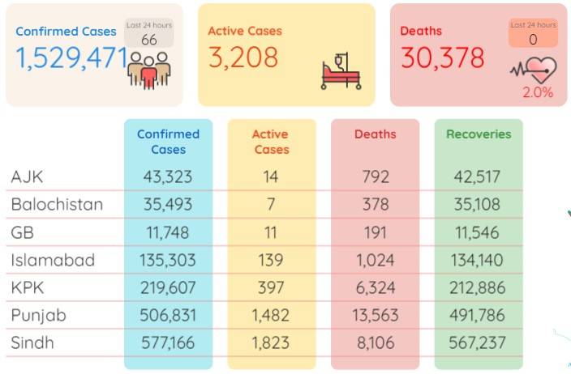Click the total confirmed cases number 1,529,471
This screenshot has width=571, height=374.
point(71,58)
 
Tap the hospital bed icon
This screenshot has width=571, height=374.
point(341,71)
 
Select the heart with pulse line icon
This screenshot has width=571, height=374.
point(534,70)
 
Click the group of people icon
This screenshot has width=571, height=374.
point(149,70)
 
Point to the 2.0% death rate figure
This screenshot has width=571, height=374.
point(538,92)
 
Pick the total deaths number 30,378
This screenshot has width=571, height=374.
point(443,57)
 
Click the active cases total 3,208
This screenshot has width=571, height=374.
point(243,58)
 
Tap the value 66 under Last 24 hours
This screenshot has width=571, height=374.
point(149,40)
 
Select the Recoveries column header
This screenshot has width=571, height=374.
point(479,134)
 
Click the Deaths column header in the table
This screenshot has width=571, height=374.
point(375,134)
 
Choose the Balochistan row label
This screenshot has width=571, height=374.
point(57,204)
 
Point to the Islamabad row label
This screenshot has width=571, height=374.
point(53,260)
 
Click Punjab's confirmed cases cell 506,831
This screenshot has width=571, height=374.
point(168,315)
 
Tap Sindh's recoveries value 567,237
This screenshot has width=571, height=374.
point(477,342)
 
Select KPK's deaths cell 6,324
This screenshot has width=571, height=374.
point(375,288)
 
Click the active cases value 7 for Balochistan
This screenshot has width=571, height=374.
point(271,204)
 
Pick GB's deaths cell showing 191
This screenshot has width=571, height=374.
point(375,232)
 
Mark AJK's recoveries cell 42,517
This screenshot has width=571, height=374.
point(477,177)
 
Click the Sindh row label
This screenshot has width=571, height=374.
point(32,342)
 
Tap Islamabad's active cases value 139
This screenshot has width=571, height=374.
point(271,260)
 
